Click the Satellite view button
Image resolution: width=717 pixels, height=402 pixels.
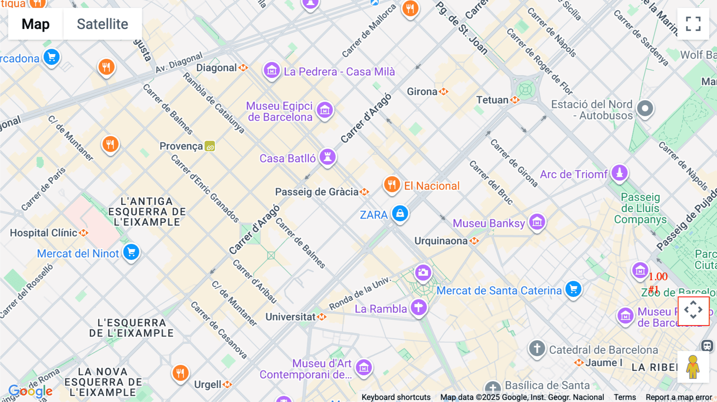tap(102, 24)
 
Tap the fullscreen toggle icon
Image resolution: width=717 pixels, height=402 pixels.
tap(693, 24)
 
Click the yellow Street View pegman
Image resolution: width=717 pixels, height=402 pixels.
tap(693, 367)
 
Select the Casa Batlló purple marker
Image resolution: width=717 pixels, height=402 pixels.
tap(327, 157)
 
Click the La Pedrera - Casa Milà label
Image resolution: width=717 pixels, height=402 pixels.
tap(339, 72)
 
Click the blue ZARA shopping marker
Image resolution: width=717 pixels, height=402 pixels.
tap(400, 214)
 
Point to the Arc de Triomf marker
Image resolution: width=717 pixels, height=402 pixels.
tap(619, 173)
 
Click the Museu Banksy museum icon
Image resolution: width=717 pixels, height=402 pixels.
tap(537, 222)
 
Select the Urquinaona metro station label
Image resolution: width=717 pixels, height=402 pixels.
tap(441, 241)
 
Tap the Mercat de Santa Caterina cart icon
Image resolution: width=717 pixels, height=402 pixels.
tap(573, 289)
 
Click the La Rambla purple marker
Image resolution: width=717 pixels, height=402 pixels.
tap(418, 308)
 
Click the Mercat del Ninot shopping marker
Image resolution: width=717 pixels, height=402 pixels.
tap(131, 252)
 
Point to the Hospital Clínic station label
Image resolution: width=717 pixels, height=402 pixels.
tap(44, 233)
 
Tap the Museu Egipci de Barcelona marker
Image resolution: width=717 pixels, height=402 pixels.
tap(325, 110)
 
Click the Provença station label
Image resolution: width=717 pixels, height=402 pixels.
tap(181, 146)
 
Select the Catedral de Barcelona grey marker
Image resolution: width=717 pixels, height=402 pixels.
tap(537, 349)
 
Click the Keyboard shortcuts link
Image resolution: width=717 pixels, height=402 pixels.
tap(396, 397)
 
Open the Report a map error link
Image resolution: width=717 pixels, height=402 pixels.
tap(678, 397)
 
